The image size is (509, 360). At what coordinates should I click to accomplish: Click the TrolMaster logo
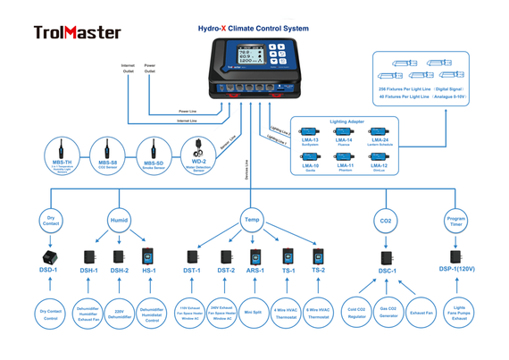pos(79,32)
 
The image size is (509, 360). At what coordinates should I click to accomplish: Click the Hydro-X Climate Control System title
pos(254,29)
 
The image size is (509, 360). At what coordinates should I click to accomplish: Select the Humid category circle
pos(119,220)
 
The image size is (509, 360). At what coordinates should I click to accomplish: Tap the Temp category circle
pos(252,220)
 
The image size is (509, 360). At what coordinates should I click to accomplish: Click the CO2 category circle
pos(387,220)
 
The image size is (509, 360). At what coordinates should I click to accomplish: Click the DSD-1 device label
pos(49,270)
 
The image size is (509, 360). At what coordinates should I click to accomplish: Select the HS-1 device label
pos(149,270)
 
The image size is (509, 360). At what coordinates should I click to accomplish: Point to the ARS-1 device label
pos(255,270)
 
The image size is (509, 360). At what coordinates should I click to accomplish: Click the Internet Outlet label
pos(128,68)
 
